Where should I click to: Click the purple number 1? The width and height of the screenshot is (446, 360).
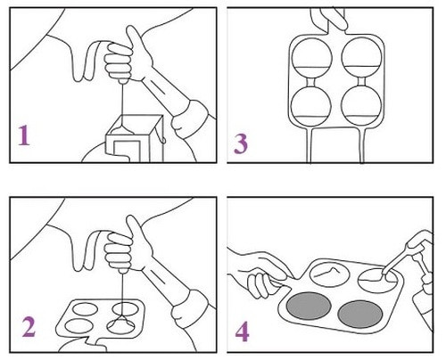pos(24,135)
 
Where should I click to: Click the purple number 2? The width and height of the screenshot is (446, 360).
pos(27,327)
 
